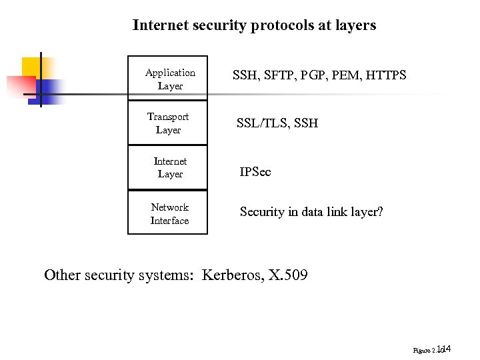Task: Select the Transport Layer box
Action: (168, 123)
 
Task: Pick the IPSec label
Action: (255, 172)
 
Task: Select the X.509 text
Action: (287, 275)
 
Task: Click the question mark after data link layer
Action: (380, 212)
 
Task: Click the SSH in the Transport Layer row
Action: (305, 123)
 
